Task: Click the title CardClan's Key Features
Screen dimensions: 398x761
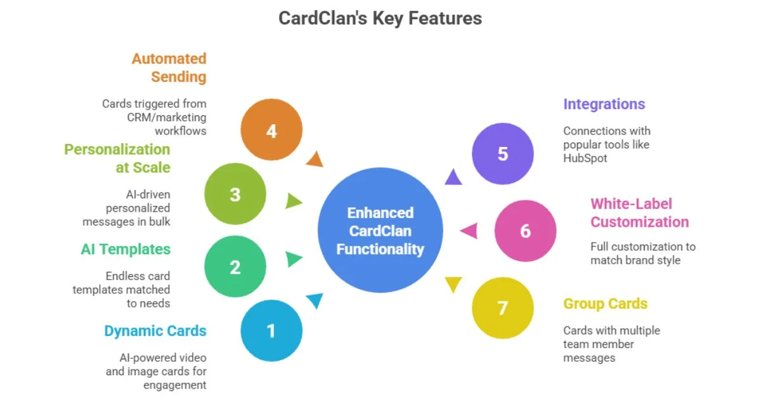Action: (380, 18)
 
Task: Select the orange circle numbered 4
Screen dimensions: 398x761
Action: (271, 131)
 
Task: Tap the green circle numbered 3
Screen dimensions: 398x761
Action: (235, 194)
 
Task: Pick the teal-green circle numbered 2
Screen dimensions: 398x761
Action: (235, 267)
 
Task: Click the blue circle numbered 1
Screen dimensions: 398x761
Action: (271, 330)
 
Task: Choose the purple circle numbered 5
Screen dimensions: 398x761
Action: (503, 154)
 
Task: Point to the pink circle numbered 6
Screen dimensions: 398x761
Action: (525, 231)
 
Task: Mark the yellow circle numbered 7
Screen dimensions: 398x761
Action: (503, 308)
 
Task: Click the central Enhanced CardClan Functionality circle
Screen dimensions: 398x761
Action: (380, 231)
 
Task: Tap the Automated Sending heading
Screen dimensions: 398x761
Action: (169, 68)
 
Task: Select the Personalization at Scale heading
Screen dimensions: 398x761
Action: (117, 158)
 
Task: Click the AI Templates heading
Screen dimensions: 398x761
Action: (126, 249)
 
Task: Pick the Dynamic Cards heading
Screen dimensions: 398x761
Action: (155, 331)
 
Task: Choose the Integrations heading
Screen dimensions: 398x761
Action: (604, 104)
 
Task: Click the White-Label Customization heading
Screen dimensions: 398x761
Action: (639, 213)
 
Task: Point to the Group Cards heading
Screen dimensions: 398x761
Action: (605, 304)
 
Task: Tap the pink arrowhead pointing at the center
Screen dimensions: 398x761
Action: (469, 231)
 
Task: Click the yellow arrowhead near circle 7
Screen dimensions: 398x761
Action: (453, 285)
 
